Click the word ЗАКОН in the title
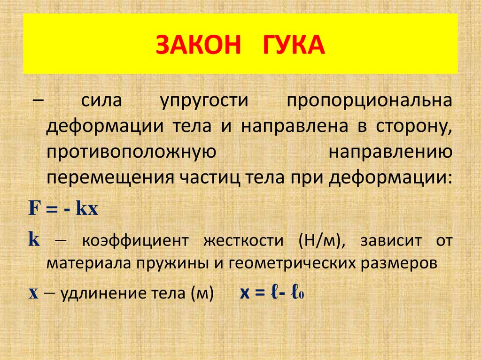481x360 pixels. tap(198, 45)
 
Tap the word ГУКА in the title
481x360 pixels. tap(294, 45)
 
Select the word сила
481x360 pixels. tap(101, 100)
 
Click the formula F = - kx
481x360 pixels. tap(63, 208)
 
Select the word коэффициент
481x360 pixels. tap(135, 241)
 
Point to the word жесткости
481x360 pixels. tap(244, 241)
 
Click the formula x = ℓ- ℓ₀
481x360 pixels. tap(272, 293)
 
